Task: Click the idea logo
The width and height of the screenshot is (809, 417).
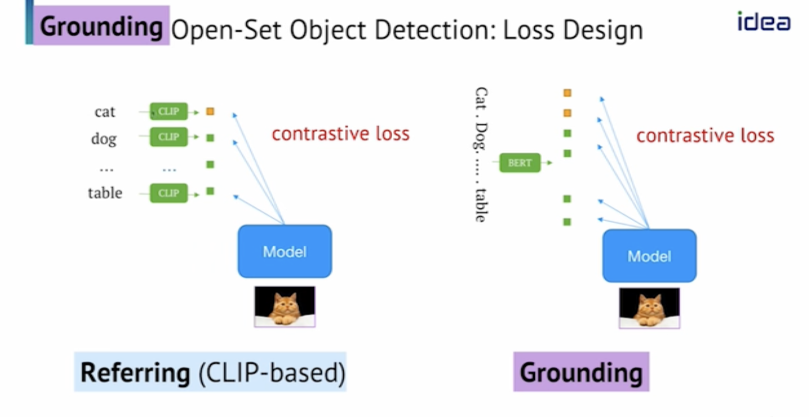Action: coord(763,22)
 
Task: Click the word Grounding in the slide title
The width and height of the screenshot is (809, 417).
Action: coord(101,26)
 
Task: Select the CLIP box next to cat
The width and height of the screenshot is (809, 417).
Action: coord(168,112)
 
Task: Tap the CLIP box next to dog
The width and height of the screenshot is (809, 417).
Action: coord(168,137)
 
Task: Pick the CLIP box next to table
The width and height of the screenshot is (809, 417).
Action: coord(168,193)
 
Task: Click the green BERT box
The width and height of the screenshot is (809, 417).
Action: coord(520,163)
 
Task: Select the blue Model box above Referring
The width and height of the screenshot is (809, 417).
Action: coord(285,252)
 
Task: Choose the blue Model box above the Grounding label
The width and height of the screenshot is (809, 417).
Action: coord(649,256)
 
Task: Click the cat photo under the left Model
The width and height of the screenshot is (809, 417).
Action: coord(285,306)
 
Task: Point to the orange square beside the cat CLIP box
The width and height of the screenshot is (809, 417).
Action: coord(210,112)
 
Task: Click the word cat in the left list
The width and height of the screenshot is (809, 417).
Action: coord(105,112)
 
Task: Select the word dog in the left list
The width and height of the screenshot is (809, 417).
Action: coord(104,139)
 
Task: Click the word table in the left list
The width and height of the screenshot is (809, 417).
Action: coord(105,193)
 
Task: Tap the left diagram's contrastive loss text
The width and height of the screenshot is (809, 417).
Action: coord(340,134)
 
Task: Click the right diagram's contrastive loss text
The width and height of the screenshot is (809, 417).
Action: coord(705,136)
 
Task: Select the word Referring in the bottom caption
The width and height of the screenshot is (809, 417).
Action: coord(135,372)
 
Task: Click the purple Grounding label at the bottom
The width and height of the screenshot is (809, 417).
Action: coord(581,372)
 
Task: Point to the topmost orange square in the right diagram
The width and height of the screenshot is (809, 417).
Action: coord(567,93)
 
